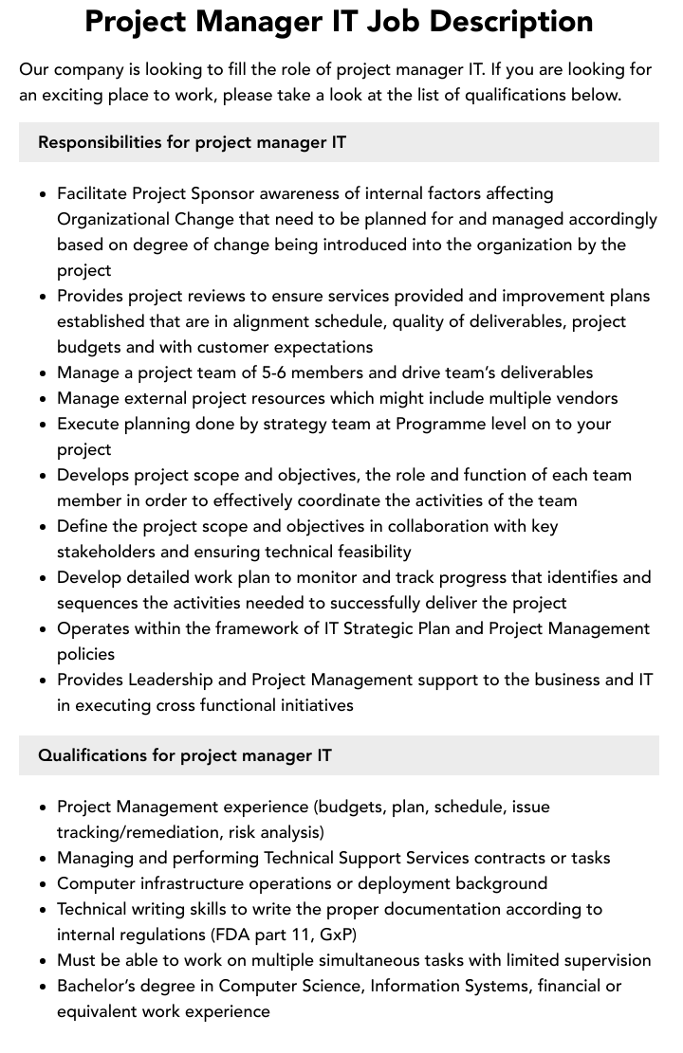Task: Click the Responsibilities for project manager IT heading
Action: pyautogui.click(x=192, y=142)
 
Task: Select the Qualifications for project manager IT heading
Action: pyautogui.click(x=185, y=755)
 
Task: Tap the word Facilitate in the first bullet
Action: pyautogui.click(x=92, y=193)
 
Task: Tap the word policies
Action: pyautogui.click(x=85, y=654)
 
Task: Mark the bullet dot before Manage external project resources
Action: pyautogui.click(x=44, y=399)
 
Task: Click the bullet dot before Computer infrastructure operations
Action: pyautogui.click(x=44, y=884)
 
